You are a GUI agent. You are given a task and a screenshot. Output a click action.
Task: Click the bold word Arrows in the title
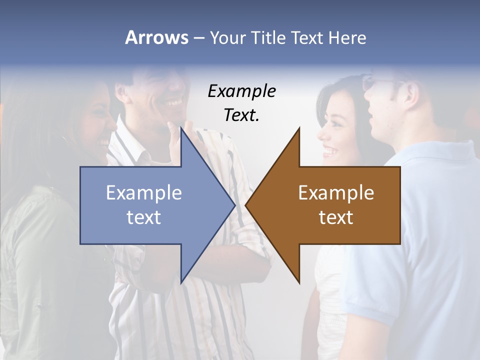(x=156, y=37)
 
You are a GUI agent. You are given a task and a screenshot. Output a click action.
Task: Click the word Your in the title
(x=227, y=38)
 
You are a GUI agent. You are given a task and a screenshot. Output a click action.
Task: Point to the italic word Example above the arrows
(x=241, y=91)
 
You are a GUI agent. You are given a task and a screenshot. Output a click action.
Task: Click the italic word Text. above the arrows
(x=241, y=115)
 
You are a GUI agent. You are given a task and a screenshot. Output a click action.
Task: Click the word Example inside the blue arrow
(x=143, y=193)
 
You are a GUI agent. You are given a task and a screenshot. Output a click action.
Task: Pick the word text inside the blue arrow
(x=143, y=217)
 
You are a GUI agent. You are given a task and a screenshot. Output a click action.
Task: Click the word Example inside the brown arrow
(x=336, y=193)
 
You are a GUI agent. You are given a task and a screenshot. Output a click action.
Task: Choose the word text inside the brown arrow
(x=336, y=217)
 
